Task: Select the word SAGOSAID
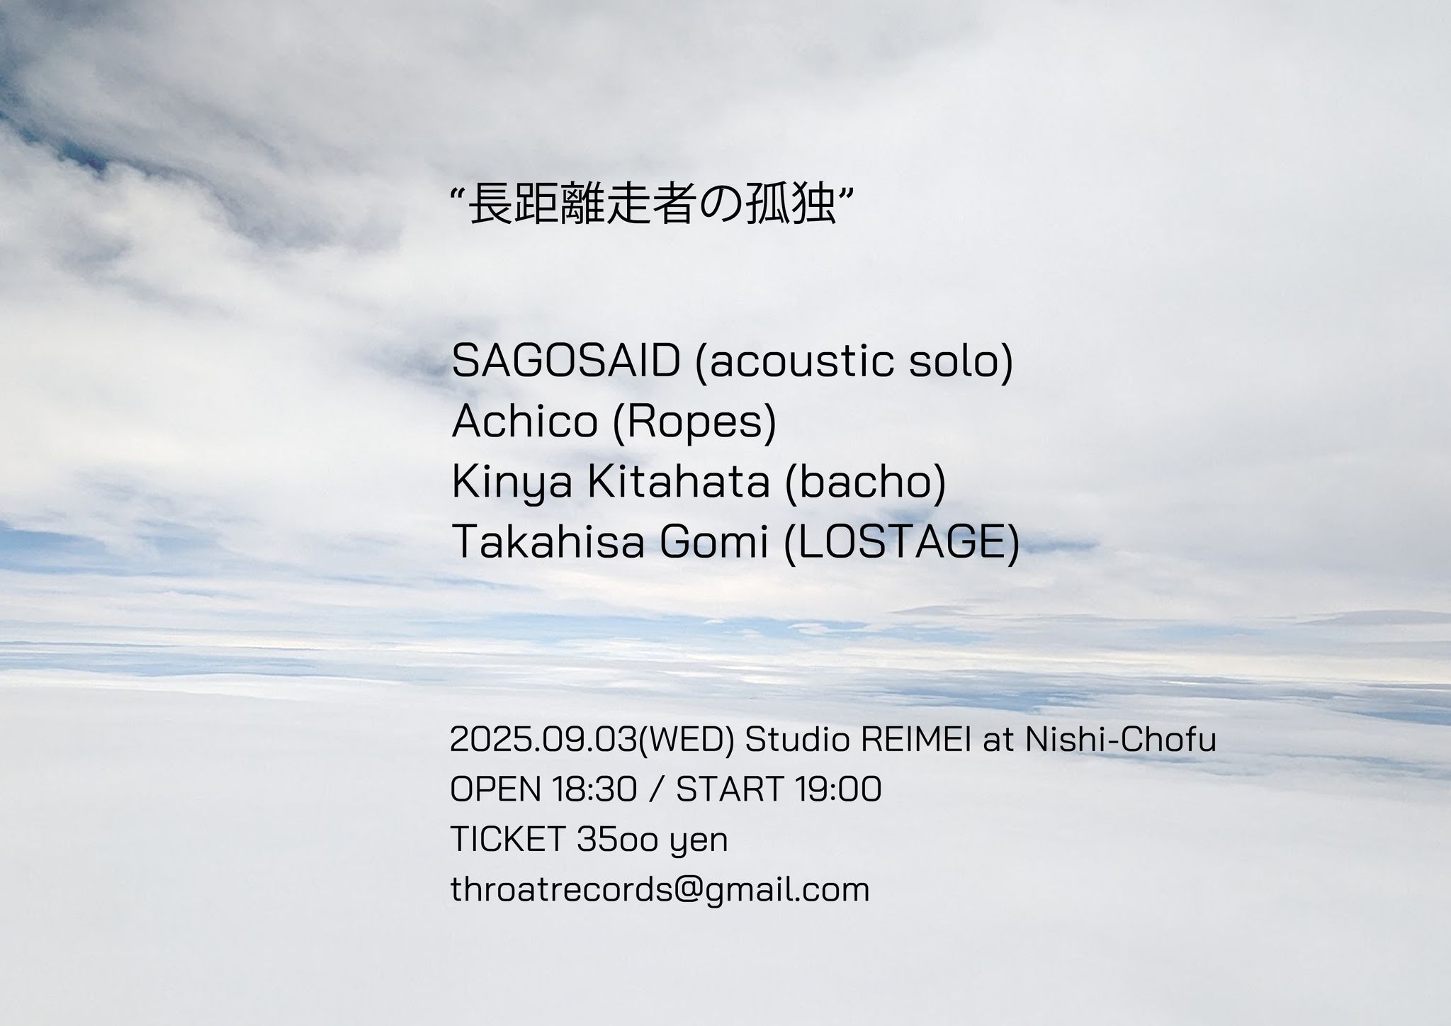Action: (565, 361)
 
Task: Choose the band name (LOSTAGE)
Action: (902, 543)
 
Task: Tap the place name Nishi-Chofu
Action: (1121, 740)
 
